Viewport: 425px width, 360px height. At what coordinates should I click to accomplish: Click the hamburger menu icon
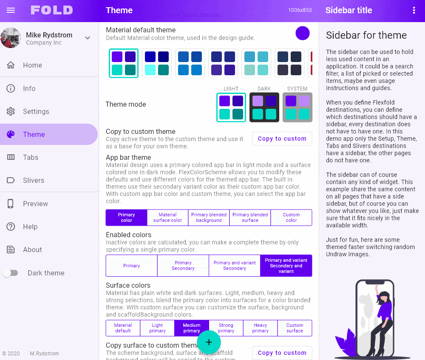tap(11, 10)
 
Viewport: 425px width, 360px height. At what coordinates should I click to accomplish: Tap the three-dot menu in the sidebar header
tap(414, 10)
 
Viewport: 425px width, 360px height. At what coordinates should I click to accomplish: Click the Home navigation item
tap(32, 65)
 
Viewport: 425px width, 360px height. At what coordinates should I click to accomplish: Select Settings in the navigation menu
tap(36, 111)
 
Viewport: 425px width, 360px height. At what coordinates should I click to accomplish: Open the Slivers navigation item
tap(33, 180)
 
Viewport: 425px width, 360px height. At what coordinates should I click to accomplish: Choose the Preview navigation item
tap(35, 204)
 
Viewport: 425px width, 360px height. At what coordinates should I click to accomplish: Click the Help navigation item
tap(30, 227)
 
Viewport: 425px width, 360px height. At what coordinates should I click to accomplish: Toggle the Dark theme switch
tap(11, 273)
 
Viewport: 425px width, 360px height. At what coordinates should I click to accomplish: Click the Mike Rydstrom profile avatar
tap(11, 38)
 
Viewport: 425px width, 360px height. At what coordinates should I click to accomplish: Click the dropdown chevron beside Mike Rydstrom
tap(88, 38)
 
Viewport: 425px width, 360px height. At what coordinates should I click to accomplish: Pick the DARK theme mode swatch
tap(264, 107)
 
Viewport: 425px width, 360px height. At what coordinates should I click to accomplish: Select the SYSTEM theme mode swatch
tap(297, 107)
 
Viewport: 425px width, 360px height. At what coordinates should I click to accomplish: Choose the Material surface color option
tap(167, 217)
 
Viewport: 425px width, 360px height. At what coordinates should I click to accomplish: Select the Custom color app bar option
tap(291, 217)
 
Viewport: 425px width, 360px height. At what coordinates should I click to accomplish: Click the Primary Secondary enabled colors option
tap(183, 266)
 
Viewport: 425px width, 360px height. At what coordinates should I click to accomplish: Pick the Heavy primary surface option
tap(260, 328)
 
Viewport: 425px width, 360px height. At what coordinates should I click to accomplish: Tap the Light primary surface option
tap(157, 328)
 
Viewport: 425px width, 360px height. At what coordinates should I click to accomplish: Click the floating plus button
tap(209, 342)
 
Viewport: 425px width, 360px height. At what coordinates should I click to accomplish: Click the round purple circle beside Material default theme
tap(303, 33)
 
